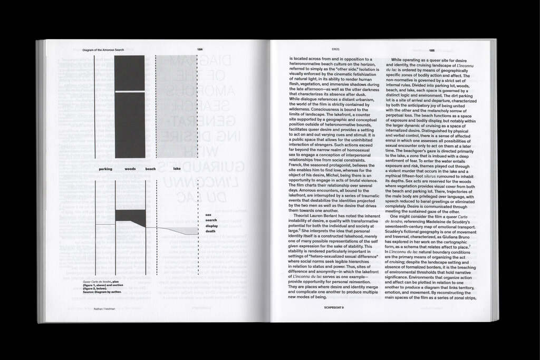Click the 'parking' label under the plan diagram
[105, 169]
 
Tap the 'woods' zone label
[130, 169]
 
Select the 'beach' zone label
[151, 169]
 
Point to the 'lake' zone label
[177, 169]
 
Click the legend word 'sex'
[208, 215]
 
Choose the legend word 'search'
[211, 220]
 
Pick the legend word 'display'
[211, 226]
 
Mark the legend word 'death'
[210, 231]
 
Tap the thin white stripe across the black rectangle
[130, 92]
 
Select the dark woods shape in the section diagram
[129, 215]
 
